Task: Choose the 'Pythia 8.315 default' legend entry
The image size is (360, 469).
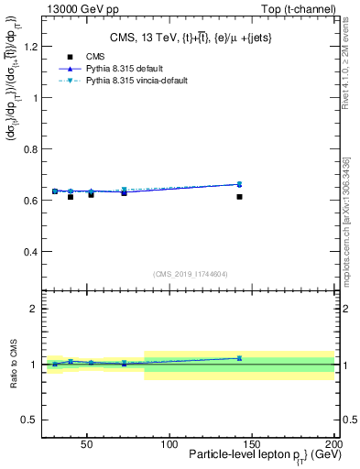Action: (78, 69)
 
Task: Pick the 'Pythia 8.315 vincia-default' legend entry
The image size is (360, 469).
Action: (78, 81)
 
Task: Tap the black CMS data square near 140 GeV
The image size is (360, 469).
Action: (239, 196)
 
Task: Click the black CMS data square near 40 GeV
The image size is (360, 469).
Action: (71, 196)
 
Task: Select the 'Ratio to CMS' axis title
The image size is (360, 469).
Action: (13, 365)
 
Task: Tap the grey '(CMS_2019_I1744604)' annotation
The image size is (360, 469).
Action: (190, 273)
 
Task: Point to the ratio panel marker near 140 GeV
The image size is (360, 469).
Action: (239, 358)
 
